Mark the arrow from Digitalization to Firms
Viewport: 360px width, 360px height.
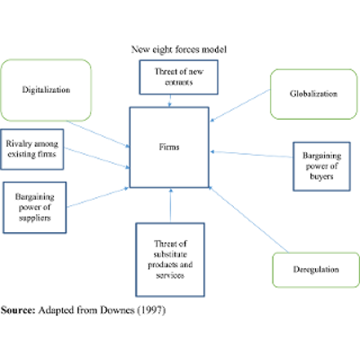107,129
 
